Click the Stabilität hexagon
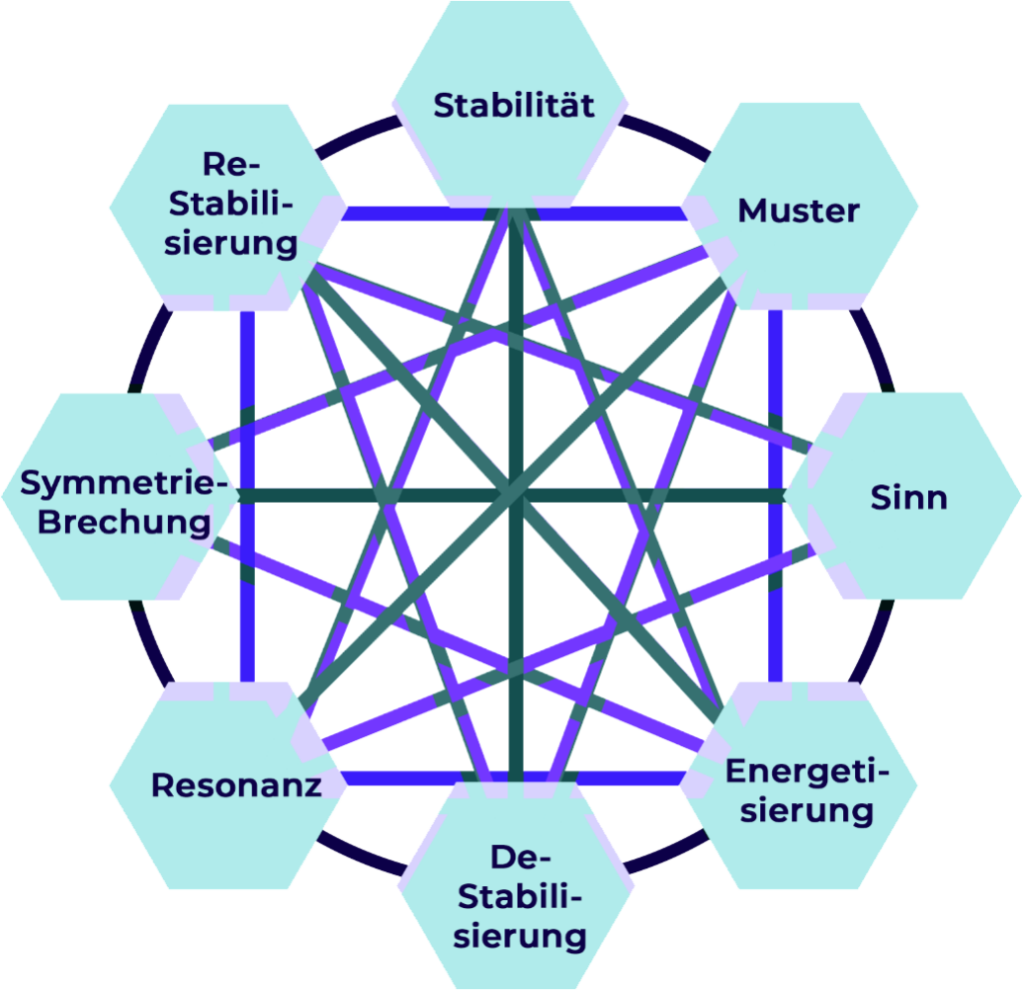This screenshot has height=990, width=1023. (511, 105)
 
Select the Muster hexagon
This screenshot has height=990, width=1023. (799, 210)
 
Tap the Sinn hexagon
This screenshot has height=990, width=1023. (908, 496)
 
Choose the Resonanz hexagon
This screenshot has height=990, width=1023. (236, 785)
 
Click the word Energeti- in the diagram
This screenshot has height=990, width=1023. (805, 772)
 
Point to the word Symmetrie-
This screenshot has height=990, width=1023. (118, 484)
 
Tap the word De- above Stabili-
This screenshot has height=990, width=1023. (515, 858)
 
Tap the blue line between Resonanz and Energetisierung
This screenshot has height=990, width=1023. (400, 778)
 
